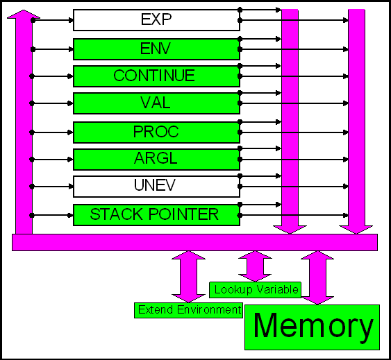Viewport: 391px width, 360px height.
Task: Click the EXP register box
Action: point(156,20)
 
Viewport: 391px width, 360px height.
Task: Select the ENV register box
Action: point(156,49)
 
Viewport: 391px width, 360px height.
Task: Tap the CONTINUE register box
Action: point(156,76)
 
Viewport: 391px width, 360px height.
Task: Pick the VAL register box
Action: point(156,103)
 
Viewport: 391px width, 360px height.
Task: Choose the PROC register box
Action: point(156,132)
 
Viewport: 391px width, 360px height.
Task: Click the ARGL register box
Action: point(156,160)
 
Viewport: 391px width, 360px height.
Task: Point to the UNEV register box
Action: point(156,187)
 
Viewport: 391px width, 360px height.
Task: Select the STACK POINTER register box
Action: point(156,215)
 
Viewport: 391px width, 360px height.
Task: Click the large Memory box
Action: point(313,327)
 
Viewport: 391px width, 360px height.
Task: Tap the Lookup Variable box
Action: point(255,290)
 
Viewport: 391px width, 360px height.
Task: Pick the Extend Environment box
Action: point(188,310)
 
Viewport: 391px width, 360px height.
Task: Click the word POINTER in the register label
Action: point(184,214)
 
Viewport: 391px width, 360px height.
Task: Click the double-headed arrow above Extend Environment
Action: point(188,277)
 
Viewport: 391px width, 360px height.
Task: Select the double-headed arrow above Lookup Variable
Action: point(255,266)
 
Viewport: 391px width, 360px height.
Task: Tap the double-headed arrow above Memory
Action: point(317,277)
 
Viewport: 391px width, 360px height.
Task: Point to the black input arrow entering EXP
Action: point(53,20)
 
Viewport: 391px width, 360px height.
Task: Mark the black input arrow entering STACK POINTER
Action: point(51,215)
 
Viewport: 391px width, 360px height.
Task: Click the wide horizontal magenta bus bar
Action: point(194,242)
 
